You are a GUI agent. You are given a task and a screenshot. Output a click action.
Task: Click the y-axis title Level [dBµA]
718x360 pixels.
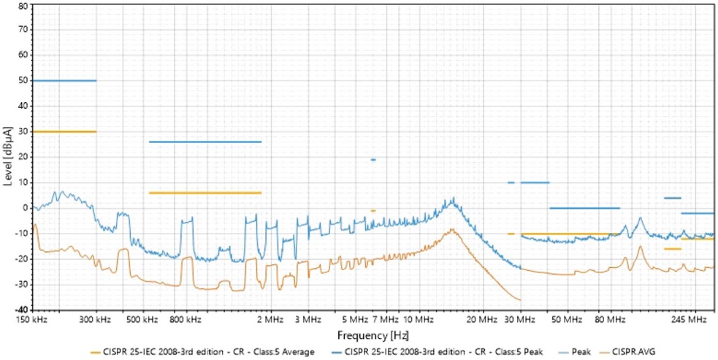point(7,156)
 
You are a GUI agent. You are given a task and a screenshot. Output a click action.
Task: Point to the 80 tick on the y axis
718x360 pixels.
point(22,5)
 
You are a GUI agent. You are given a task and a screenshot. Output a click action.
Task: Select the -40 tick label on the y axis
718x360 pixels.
point(20,310)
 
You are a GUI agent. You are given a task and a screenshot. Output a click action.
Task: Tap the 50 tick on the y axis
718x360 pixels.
point(22,80)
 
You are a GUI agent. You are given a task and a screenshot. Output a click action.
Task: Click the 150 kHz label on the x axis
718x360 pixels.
point(34,320)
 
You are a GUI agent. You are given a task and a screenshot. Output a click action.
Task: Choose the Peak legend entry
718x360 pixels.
point(581,352)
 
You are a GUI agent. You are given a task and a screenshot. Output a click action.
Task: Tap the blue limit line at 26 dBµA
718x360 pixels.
point(205,142)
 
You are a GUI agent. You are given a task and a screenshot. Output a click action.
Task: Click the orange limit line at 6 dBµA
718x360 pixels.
point(205,193)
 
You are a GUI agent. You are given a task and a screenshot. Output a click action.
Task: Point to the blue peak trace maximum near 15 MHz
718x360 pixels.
point(454,198)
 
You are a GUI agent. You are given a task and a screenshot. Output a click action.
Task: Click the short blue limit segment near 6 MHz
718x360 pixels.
point(373,159)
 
